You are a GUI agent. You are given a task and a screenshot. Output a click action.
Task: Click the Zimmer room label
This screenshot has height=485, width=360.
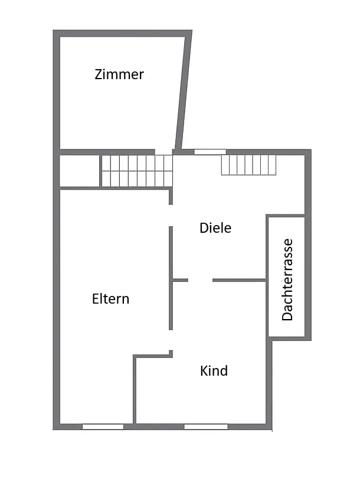(x=119, y=75)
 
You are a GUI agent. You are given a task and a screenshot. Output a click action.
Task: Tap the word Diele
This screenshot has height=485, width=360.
(x=215, y=228)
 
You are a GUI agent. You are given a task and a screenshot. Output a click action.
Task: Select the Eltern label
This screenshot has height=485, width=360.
(x=110, y=299)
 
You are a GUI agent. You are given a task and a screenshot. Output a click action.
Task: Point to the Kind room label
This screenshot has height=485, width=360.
(x=214, y=371)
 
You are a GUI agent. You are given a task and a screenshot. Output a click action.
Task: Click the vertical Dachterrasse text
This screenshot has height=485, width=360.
(x=287, y=279)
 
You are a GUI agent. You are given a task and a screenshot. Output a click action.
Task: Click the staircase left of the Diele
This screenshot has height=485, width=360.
(x=136, y=171)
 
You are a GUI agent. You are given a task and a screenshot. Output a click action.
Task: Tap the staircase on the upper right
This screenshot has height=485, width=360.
(x=248, y=165)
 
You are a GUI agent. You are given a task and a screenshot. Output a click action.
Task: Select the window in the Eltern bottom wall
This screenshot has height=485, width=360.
(x=103, y=427)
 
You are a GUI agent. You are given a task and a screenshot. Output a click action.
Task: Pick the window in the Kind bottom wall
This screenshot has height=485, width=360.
(x=205, y=427)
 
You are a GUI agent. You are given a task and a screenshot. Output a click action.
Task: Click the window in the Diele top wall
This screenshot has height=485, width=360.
(x=210, y=152)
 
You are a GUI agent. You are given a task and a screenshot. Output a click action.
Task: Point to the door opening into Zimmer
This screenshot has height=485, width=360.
(x=164, y=152)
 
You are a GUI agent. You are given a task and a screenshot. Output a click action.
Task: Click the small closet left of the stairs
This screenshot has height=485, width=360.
(x=79, y=171)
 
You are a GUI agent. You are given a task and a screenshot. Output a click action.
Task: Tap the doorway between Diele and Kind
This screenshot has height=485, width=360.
(x=200, y=280)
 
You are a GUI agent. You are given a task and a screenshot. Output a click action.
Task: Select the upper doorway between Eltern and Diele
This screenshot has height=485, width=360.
(x=171, y=215)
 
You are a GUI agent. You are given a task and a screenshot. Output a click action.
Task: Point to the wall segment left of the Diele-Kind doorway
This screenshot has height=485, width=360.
(x=180, y=280)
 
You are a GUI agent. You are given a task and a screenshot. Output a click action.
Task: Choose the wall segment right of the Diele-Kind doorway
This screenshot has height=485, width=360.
(x=239, y=280)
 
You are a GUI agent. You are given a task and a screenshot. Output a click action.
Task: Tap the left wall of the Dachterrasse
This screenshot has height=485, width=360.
(x=268, y=276)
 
